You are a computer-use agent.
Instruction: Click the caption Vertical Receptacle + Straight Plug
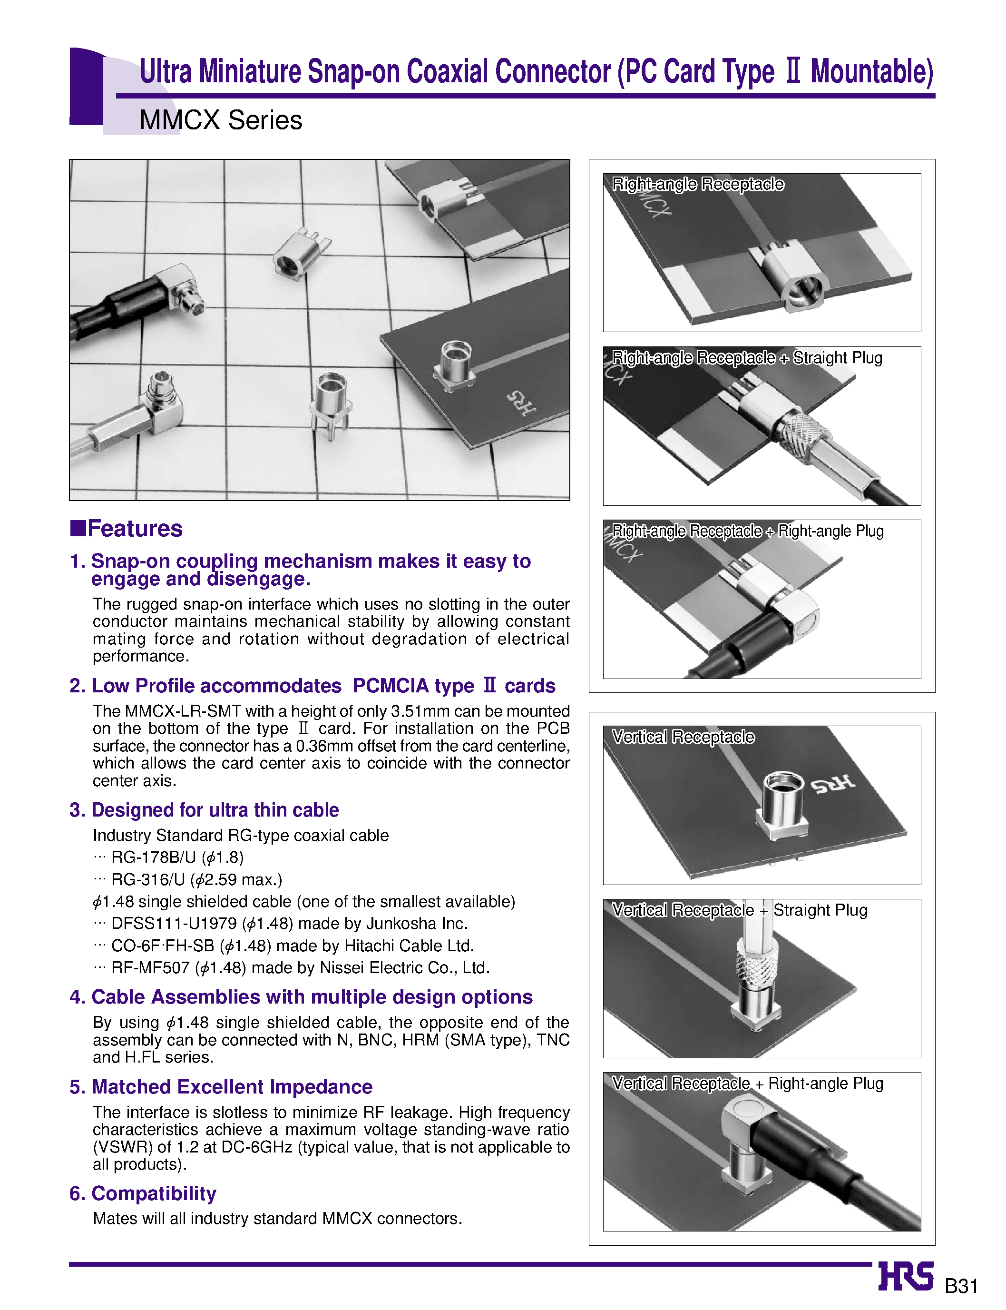740,910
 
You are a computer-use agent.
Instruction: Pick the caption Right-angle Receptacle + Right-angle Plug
747,531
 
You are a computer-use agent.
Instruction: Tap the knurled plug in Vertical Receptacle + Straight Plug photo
757,965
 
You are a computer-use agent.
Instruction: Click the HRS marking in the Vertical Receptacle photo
833,783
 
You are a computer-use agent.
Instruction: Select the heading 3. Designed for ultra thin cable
204,810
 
